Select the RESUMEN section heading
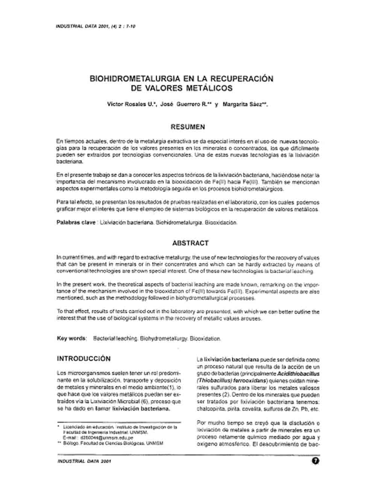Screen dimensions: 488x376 pos(188,127)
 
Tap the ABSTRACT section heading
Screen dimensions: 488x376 pos(190,243)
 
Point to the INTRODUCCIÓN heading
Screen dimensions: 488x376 pos(84,359)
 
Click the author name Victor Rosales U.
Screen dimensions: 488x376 pos(132,105)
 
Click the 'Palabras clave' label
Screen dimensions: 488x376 pos(76,222)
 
